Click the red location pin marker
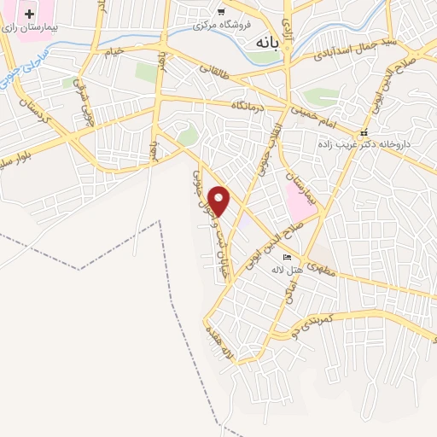220,200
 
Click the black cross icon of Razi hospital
30,15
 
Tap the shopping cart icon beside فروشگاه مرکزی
221,11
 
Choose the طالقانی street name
218,79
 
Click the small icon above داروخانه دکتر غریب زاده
364,132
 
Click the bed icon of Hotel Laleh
287,257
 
